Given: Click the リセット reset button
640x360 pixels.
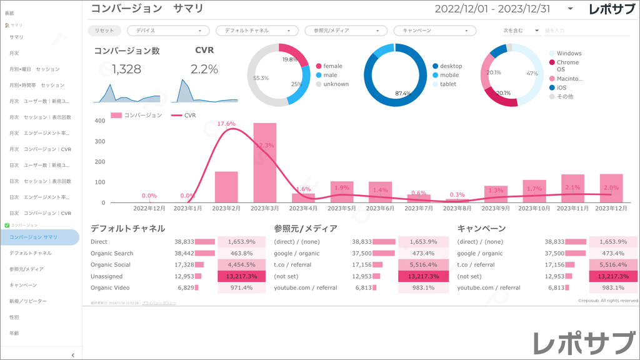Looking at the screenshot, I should click(104, 30).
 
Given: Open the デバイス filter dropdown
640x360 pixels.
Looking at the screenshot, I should click(168, 30).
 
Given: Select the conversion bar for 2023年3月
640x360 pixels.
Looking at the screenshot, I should click(264, 162).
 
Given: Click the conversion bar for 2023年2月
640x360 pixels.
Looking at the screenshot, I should click(226, 186).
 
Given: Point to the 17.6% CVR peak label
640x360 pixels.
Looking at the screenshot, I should click(226, 124).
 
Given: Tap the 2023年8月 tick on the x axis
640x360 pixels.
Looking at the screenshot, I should click(456, 208).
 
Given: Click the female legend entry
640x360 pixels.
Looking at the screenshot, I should click(332, 66).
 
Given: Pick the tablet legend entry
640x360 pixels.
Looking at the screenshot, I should click(447, 84).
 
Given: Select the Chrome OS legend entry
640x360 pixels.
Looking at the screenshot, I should click(567, 66).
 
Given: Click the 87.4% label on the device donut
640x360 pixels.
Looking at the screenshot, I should click(403, 94).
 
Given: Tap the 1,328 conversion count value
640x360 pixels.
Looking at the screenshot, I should click(127, 69).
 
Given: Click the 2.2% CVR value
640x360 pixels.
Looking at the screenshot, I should click(204, 69).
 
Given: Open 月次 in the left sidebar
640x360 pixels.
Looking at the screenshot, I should click(14, 53).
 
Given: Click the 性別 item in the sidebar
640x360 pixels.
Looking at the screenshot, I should click(14, 317).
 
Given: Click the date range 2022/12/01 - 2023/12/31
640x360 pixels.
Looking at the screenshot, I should click(492, 9).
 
